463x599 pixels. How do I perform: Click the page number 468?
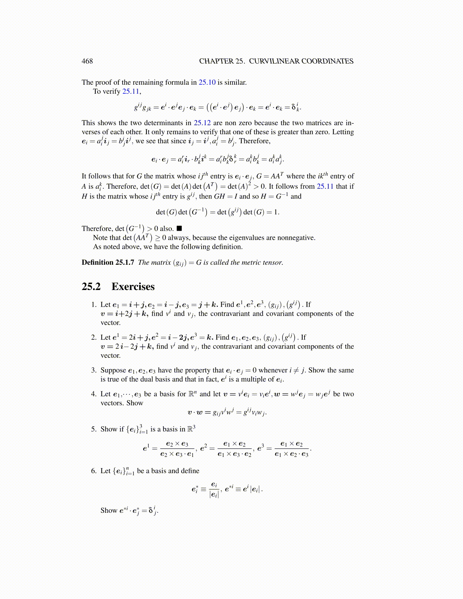87,61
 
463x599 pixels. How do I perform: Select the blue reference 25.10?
207,82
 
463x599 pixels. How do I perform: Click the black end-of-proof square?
179,228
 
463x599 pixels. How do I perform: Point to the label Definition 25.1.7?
108,262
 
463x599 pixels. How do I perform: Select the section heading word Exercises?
133,287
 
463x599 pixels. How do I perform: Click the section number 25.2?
91,287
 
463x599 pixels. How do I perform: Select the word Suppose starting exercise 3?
113,371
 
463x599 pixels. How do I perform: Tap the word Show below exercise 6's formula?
109,511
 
